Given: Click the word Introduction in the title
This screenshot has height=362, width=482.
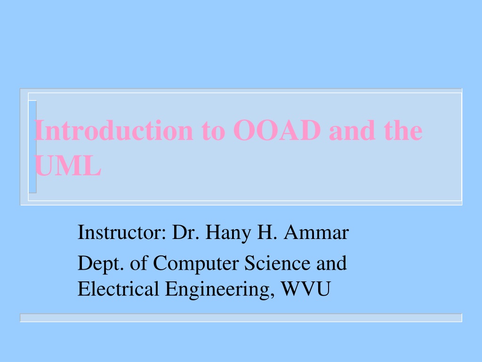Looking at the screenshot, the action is [114, 130].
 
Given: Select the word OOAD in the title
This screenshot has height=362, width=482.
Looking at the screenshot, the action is [277, 130].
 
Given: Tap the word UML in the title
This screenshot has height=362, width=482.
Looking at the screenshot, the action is [68, 165].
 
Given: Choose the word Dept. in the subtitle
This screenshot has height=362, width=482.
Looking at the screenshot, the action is [101, 264].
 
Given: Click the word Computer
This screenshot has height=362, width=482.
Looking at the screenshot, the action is [196, 264].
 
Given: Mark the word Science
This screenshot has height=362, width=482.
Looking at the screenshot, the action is [278, 263].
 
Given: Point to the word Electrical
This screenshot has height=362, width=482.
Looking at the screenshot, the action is [118, 289].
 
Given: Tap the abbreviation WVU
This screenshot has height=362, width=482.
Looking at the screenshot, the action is [306, 289].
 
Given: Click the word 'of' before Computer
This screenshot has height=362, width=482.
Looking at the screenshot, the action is [139, 263].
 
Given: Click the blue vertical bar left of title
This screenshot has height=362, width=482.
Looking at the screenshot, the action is [32, 147].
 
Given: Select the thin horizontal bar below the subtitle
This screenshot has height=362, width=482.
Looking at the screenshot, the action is [241, 318].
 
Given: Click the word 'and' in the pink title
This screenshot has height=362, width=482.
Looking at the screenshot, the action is [352, 130].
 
